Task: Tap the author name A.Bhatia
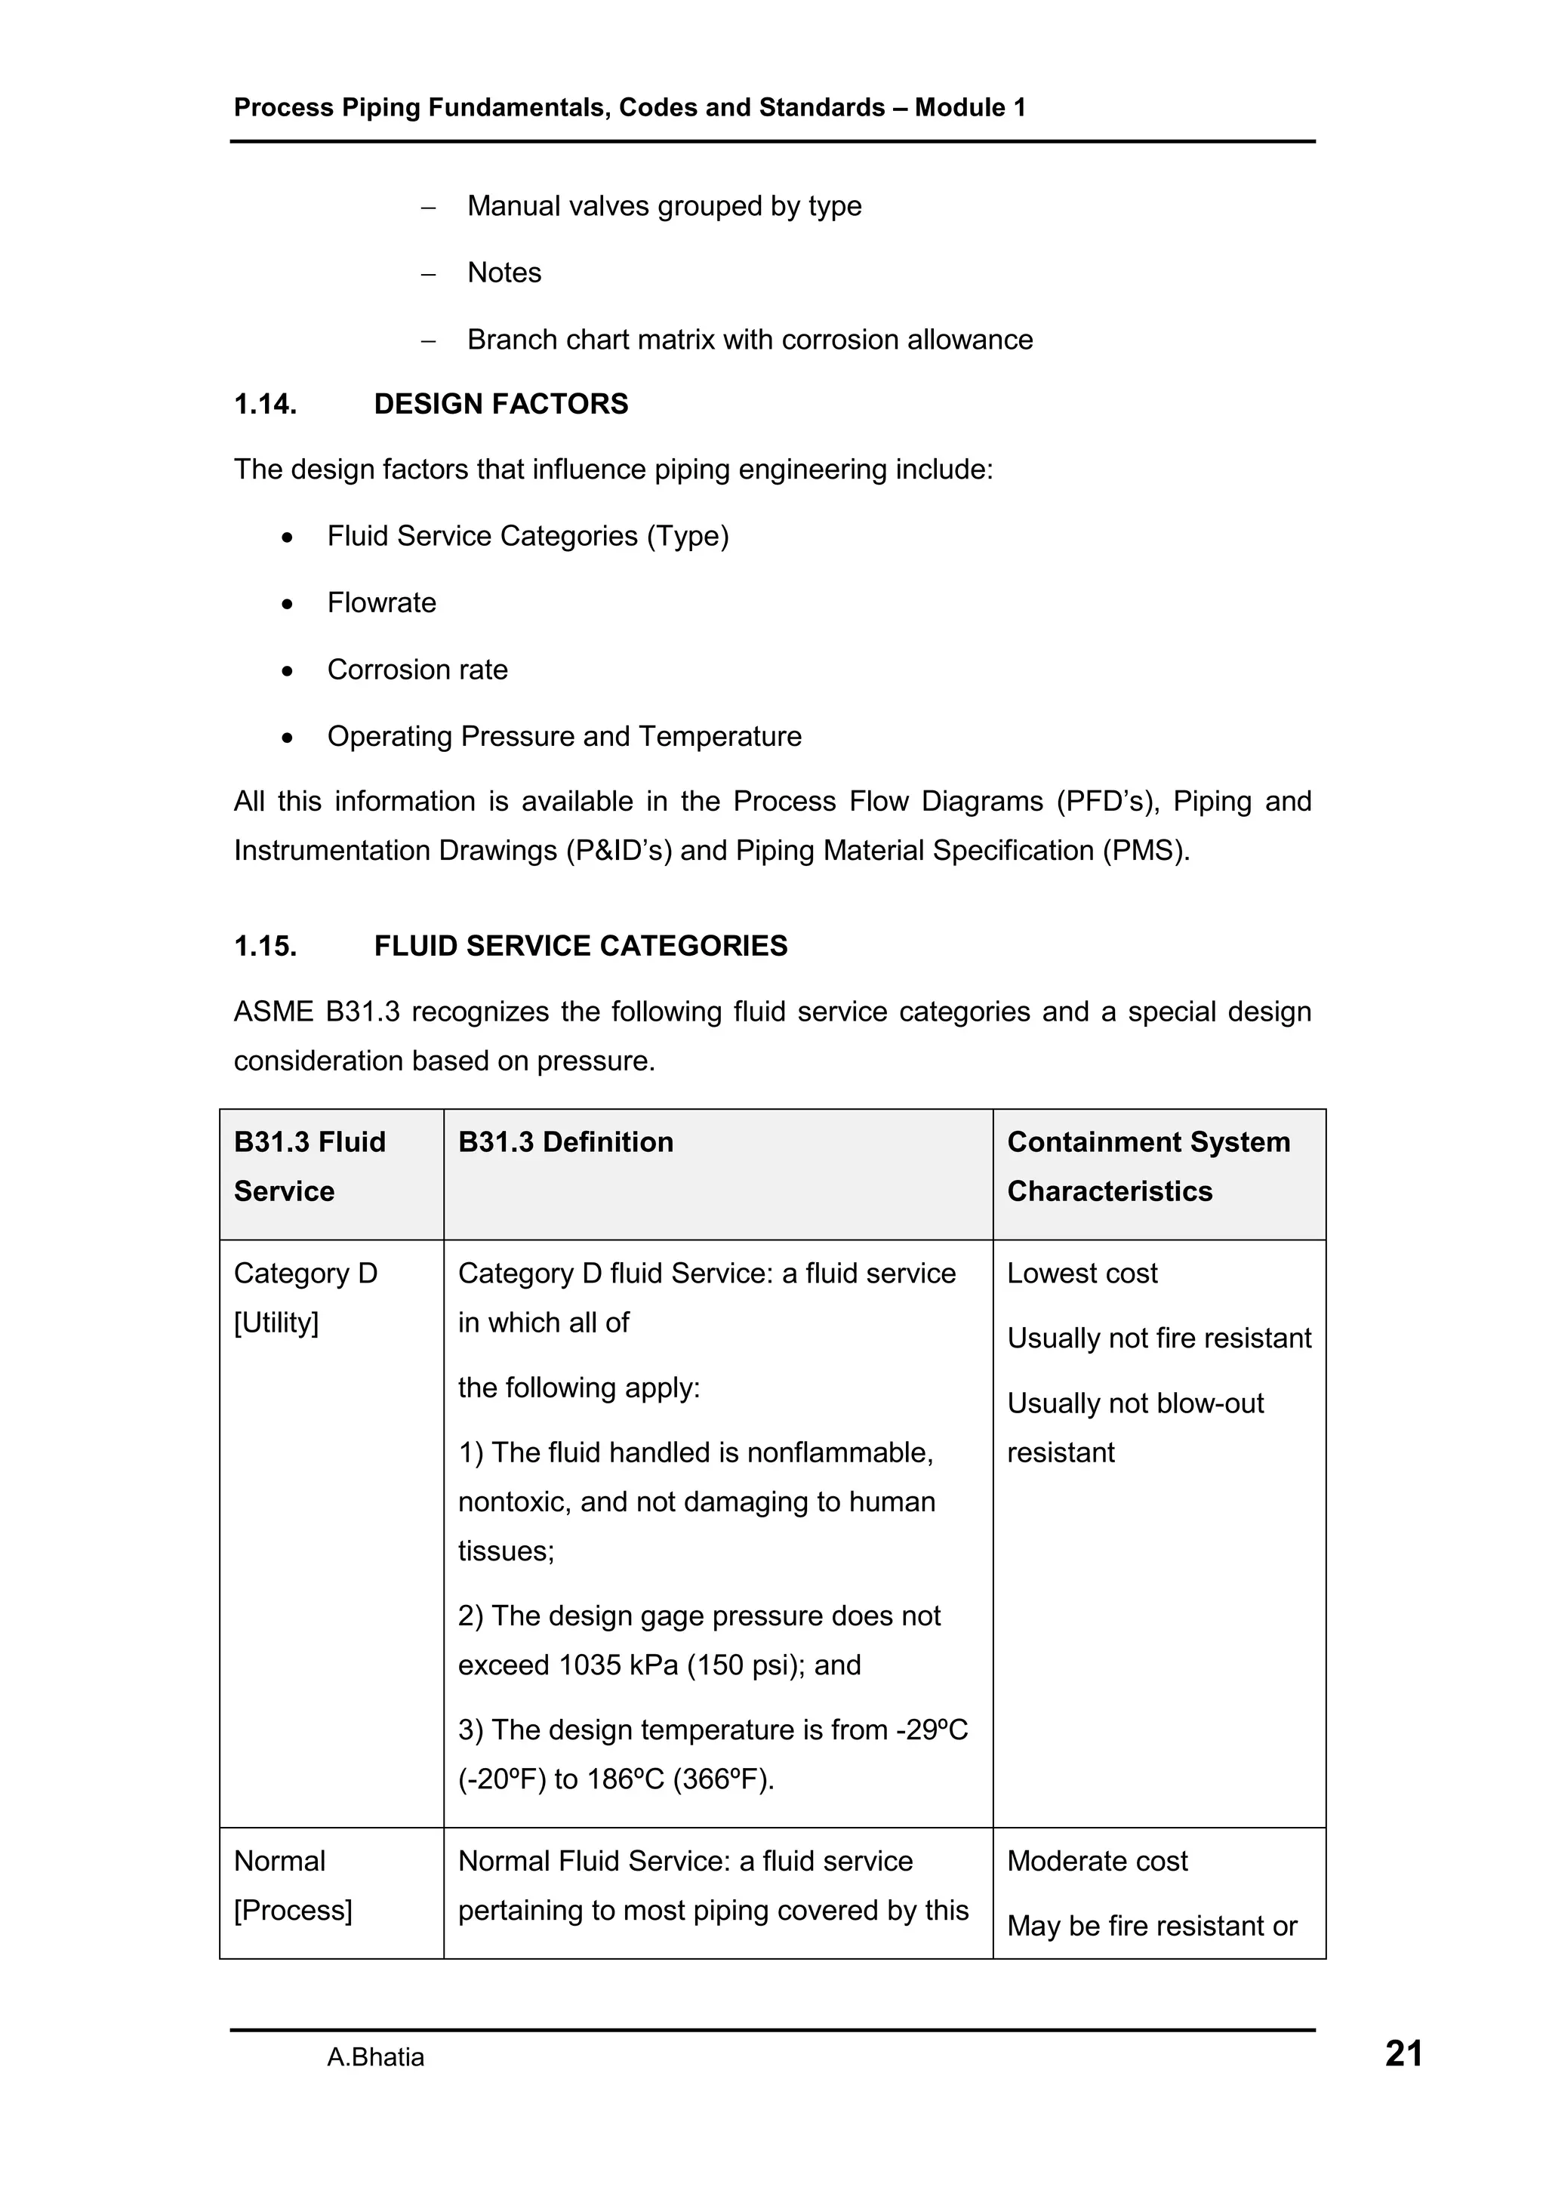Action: pyautogui.click(x=375, y=2057)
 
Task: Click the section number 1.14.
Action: pyautogui.click(x=265, y=404)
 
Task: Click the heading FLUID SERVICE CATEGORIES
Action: pyautogui.click(x=580, y=946)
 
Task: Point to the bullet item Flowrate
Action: pyautogui.click(x=381, y=603)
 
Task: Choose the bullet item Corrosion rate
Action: pyautogui.click(x=417, y=670)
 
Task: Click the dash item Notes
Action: pyautogui.click(x=504, y=273)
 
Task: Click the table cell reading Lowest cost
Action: pyautogui.click(x=1082, y=1274)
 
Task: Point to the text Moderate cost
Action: pyautogui.click(x=1098, y=1861)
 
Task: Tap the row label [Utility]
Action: pyautogui.click(x=276, y=1323)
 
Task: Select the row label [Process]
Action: pyautogui.click(x=292, y=1911)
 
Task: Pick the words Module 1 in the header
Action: pyautogui.click(x=970, y=108)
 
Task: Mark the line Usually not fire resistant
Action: pyautogui.click(x=1158, y=1338)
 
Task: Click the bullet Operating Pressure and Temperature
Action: pyautogui.click(x=564, y=736)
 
